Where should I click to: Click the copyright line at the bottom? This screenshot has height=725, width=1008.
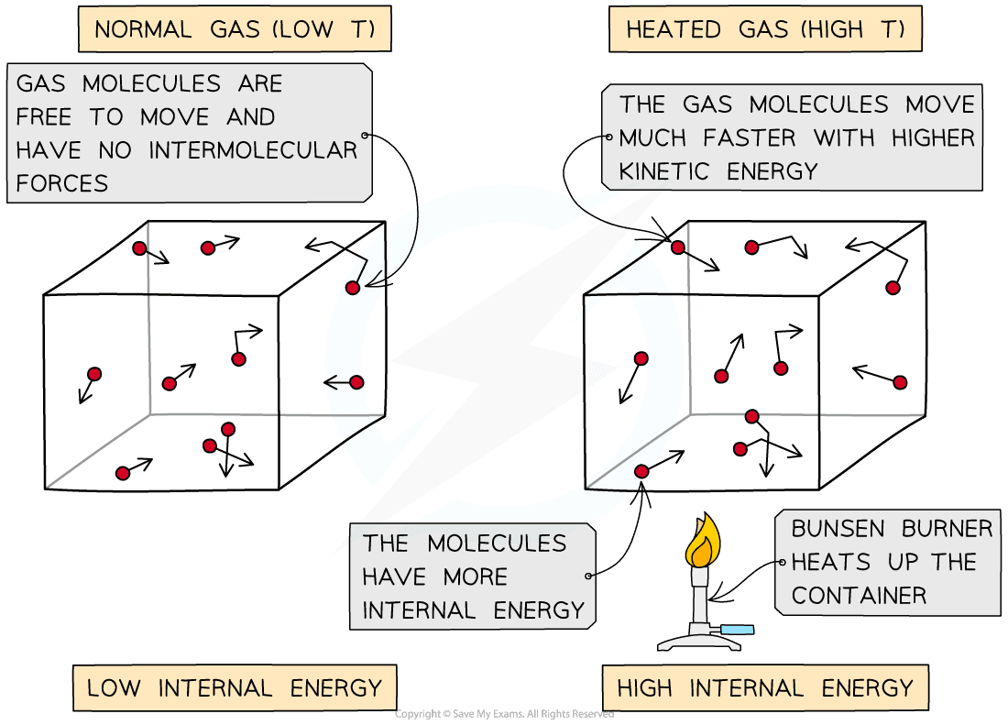[x=504, y=714]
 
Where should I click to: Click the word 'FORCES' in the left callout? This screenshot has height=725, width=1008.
[x=62, y=182]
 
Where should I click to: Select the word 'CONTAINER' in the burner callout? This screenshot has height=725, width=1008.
[x=859, y=595]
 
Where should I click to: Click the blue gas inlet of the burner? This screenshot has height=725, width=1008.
[x=739, y=630]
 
